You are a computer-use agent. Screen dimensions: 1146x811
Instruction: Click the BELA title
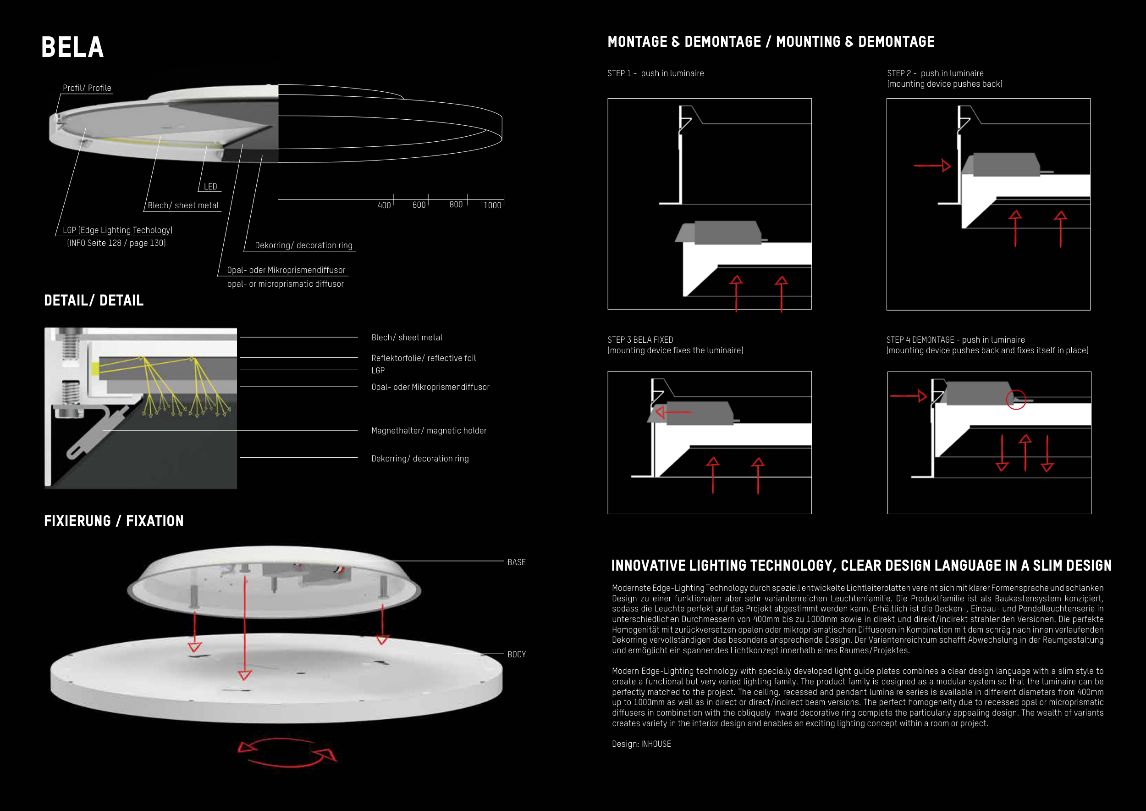coord(72,47)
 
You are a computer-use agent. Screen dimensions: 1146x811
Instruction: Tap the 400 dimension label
coord(384,205)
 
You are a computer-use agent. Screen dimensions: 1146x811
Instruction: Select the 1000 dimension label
coord(492,205)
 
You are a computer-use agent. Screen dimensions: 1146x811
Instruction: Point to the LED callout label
coord(210,186)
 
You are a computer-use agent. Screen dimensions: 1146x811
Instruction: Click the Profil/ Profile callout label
coord(87,88)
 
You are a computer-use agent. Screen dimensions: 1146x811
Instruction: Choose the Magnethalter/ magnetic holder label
coord(429,430)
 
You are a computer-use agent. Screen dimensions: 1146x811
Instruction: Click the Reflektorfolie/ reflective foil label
coord(423,358)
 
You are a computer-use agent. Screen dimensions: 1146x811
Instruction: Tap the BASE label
coord(517,562)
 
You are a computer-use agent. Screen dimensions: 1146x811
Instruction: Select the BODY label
coord(517,654)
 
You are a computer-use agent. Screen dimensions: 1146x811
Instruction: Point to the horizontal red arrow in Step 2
coord(932,165)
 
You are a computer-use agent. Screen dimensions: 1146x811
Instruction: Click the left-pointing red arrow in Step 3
coord(673,412)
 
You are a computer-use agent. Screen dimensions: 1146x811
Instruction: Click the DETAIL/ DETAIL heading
coord(94,300)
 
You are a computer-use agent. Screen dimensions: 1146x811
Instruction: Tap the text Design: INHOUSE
coord(641,744)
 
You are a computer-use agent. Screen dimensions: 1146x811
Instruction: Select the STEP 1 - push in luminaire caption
coord(656,73)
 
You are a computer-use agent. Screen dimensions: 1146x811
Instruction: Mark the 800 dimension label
coord(456,205)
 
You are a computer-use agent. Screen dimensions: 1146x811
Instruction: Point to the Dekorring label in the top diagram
coord(303,245)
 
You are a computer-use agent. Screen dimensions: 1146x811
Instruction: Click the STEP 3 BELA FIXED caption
coord(640,339)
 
